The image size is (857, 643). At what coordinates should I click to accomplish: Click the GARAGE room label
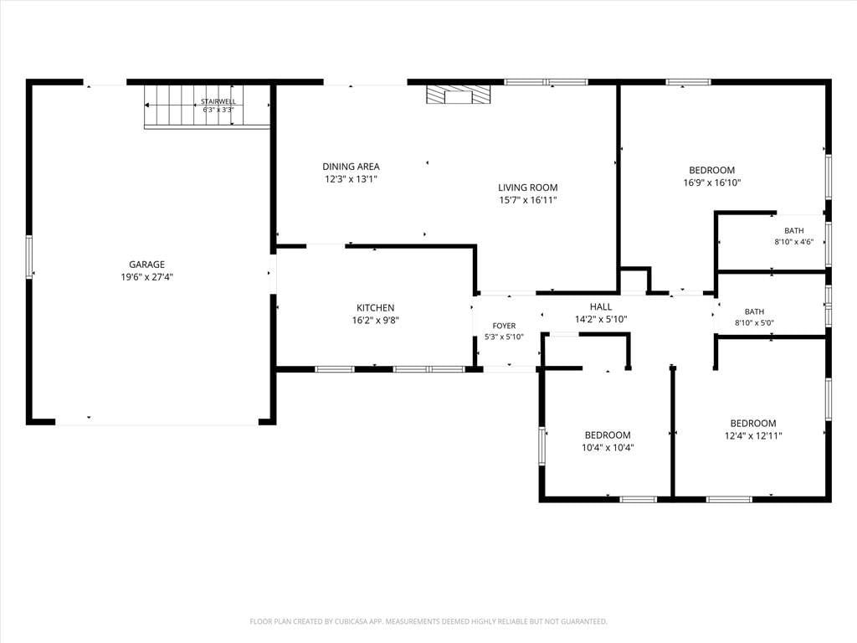point(146,265)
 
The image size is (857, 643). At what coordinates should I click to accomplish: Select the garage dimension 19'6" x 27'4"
point(146,277)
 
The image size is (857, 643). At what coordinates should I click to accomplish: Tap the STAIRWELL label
point(218,101)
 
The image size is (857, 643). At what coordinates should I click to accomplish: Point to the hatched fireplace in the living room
point(458,94)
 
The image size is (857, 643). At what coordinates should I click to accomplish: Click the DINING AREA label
point(351,167)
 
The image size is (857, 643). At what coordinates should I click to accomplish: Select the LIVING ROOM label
point(527,188)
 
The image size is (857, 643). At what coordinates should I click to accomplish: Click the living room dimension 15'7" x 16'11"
point(527,200)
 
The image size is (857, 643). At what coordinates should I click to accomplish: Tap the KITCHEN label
point(376,308)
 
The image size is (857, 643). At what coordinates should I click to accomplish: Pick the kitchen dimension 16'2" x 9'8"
point(376,321)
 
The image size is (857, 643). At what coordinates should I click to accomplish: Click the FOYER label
point(504,326)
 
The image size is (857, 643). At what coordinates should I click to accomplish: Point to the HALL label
point(601,306)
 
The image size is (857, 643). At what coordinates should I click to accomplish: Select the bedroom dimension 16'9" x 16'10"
point(711,183)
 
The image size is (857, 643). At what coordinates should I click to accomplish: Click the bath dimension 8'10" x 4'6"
point(793,242)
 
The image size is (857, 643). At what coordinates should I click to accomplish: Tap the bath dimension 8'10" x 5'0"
point(754,322)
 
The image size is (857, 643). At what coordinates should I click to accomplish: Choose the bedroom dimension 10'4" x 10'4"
point(608,448)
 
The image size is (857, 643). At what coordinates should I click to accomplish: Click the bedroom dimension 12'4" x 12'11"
point(753,435)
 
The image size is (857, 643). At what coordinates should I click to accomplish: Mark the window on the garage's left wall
point(29,257)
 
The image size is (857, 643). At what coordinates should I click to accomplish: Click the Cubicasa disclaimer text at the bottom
point(428,621)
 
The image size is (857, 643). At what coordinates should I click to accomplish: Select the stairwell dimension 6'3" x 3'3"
point(218,110)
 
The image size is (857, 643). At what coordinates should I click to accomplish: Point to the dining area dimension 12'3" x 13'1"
point(351,179)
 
